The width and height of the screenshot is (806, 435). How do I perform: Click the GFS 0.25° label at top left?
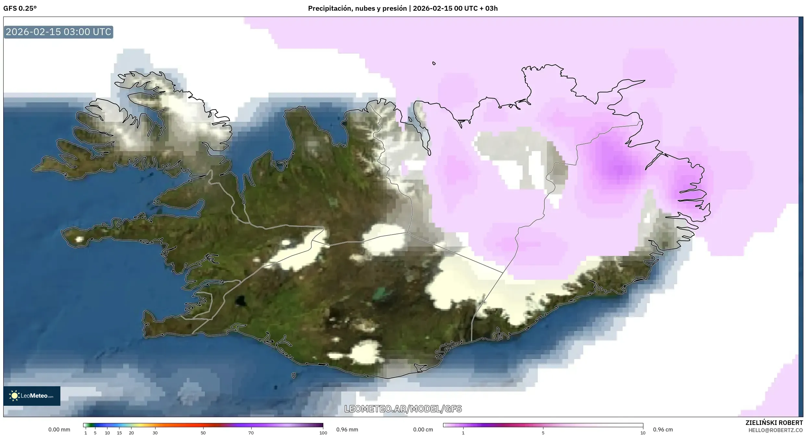click(20, 8)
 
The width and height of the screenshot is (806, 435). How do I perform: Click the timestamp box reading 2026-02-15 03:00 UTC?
click(58, 32)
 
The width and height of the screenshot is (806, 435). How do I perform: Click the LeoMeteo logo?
click(32, 396)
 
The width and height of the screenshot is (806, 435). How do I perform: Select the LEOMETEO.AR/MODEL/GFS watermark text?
click(403, 409)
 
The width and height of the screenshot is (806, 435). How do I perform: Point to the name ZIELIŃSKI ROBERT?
click(774, 423)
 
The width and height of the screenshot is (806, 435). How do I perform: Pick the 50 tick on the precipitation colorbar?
click(203, 432)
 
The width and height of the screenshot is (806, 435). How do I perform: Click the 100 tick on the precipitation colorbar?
click(323, 432)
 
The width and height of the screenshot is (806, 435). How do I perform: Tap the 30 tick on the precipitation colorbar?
click(155, 432)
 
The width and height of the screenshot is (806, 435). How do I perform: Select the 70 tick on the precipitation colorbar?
click(251, 432)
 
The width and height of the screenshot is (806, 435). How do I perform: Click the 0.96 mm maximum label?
click(347, 429)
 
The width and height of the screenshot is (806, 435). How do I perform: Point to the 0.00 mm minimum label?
click(59, 429)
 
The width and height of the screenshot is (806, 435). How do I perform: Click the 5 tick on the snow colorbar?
click(543, 432)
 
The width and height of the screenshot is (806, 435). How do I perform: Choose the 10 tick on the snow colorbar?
click(643, 432)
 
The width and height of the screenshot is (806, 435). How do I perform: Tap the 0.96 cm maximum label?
click(663, 429)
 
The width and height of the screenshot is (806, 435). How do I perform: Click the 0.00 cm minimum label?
click(423, 429)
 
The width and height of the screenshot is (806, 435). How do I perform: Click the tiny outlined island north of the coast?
click(434, 63)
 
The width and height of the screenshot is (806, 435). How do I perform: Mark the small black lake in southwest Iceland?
click(241, 301)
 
